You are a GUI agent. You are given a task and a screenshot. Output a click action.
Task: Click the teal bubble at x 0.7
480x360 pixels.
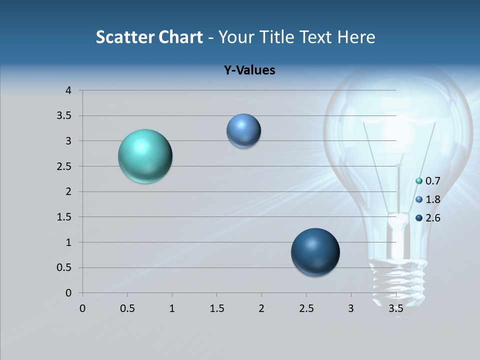(x=145, y=156)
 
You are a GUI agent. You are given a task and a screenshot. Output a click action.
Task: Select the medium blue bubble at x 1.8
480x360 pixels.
(x=243, y=131)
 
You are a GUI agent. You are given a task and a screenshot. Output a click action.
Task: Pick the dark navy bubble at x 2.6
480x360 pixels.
(x=315, y=252)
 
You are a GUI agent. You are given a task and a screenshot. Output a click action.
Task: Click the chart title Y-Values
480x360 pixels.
(x=249, y=70)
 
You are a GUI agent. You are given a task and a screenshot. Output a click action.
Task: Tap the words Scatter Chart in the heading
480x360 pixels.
(x=149, y=37)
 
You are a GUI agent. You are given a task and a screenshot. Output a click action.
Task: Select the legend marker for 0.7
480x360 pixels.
(x=419, y=180)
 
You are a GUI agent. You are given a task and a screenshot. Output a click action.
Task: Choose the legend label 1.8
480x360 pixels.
(x=432, y=199)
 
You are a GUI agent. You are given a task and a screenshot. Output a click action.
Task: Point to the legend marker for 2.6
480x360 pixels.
(x=419, y=218)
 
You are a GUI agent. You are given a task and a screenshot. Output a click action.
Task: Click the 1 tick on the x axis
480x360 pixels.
(x=172, y=308)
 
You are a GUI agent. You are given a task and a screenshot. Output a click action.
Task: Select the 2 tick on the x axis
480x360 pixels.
(x=261, y=308)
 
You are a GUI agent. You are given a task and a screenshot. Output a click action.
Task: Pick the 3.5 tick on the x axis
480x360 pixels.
(x=395, y=308)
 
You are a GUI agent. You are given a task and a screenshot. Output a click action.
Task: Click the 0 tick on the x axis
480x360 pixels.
(x=82, y=308)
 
